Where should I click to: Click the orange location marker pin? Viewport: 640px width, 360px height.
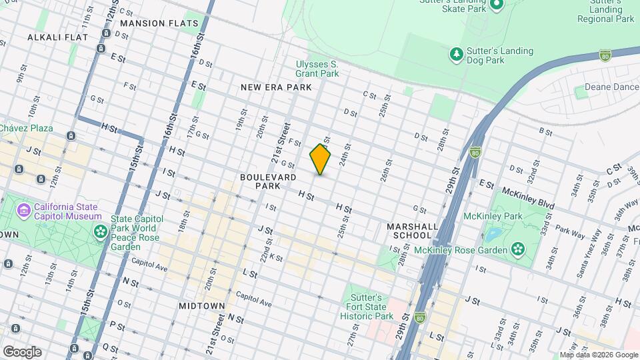320,159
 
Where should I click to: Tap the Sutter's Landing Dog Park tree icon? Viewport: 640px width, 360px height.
456,54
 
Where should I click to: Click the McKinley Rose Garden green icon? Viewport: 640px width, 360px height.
517,249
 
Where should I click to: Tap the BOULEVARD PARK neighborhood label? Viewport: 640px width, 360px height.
268,181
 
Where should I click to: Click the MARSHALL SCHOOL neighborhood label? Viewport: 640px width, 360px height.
413,231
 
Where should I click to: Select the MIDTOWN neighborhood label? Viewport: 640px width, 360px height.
201,305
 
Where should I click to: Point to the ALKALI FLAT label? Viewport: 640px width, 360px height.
53,37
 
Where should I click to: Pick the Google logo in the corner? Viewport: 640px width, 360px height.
21,351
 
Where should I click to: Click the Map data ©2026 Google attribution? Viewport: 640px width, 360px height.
598,355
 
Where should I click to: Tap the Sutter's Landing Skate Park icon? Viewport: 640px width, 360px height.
496,6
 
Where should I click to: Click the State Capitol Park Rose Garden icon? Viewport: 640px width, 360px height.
101,231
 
